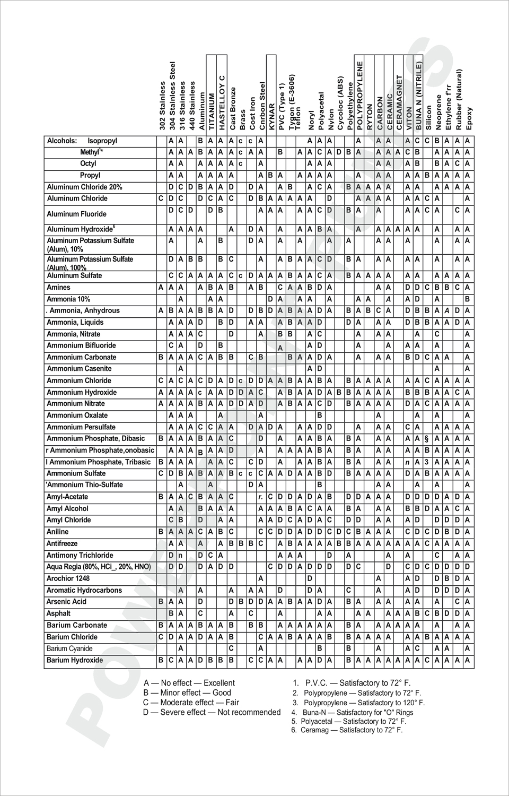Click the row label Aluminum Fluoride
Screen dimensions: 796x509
[77, 214]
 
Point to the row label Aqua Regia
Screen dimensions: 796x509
[99, 567]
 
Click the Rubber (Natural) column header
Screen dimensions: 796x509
[459, 99]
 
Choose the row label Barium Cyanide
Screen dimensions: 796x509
[69, 648]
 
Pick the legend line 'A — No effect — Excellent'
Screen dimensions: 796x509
[189, 683]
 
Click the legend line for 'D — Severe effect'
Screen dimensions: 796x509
[212, 712]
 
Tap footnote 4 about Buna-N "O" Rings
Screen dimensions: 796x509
[353, 712]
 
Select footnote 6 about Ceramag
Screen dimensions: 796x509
[347, 730]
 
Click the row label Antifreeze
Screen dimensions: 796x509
[62, 543]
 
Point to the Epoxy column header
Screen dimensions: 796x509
[469, 118]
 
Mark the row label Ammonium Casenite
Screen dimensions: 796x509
[80, 369]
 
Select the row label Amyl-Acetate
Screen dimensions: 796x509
[67, 497]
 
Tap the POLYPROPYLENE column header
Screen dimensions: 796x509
[360, 96]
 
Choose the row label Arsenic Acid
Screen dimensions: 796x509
[66, 602]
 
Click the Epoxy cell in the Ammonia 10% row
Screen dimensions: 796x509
[468, 299]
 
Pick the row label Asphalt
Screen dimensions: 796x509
[58, 613]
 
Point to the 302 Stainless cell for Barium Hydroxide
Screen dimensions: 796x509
[161, 660]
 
